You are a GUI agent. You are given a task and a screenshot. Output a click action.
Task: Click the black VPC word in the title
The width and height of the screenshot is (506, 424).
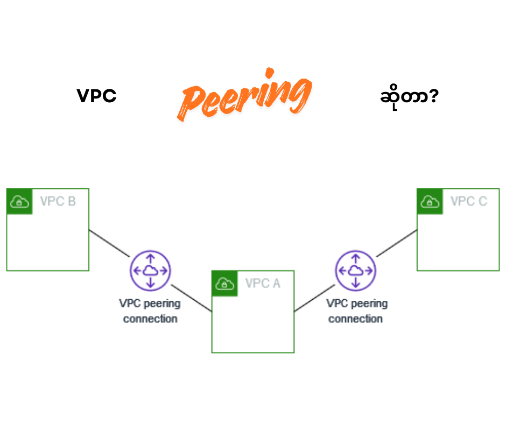pos(97,96)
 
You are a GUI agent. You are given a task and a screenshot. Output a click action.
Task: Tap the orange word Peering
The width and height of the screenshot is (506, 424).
pos(245,97)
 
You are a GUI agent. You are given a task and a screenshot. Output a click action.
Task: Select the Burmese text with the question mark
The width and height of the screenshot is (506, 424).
pos(409,97)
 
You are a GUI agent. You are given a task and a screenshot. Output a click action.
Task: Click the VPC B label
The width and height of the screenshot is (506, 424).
pos(58,202)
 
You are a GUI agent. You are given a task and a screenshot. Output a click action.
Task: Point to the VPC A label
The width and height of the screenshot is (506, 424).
pos(263,284)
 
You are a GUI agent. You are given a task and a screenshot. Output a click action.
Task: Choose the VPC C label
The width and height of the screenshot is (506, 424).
pos(468,202)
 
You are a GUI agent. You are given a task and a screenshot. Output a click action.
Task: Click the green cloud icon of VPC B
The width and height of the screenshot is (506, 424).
pos(19,202)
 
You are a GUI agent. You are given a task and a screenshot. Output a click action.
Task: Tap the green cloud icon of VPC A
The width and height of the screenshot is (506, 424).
pos(224,284)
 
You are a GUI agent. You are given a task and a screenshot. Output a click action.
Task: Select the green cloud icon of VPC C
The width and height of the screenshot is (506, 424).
pos(430,202)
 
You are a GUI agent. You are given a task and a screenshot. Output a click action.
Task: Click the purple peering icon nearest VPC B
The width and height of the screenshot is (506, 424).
pos(150,271)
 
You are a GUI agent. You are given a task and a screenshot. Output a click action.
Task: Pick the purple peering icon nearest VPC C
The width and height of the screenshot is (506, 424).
pos(355,271)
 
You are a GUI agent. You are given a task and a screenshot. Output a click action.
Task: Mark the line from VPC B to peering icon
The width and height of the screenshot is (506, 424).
pos(109,243)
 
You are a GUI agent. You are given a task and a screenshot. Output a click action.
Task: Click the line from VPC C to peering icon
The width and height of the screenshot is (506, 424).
pos(397,243)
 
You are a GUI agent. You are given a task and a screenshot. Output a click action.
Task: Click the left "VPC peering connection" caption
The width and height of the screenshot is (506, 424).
pos(150,311)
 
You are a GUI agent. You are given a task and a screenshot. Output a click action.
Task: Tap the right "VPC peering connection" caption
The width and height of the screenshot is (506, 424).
pos(356,311)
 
